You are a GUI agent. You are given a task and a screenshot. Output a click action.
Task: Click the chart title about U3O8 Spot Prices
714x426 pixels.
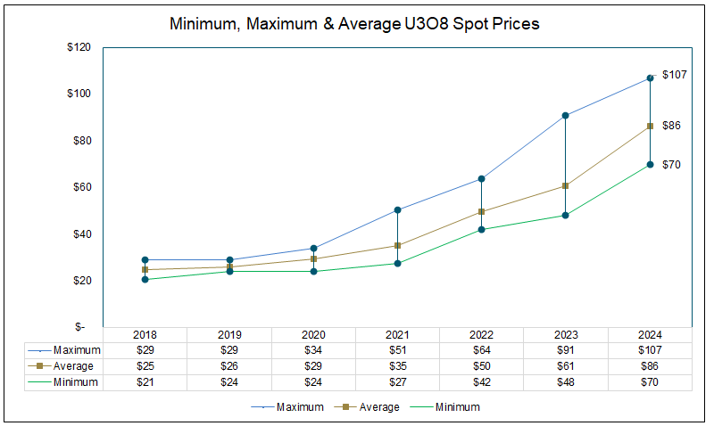[x=355, y=25]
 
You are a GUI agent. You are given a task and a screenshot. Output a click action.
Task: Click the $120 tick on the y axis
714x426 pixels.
[x=79, y=47]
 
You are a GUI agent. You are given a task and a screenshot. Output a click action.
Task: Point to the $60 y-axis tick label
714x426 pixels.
[x=82, y=187]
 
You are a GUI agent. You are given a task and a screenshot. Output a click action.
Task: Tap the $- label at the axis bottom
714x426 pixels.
[x=83, y=327]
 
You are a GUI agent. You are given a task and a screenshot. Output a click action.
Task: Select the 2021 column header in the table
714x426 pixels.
[x=397, y=334]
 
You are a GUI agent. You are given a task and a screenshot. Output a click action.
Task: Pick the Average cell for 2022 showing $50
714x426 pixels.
[x=481, y=365]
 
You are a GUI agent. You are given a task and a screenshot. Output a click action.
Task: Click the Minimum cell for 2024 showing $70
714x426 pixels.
[x=649, y=381]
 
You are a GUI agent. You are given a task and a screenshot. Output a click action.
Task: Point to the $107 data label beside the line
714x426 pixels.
[x=674, y=75]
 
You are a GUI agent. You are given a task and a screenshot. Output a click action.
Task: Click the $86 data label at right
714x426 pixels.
[x=671, y=126]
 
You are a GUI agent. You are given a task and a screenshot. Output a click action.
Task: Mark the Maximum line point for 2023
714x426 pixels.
[x=565, y=115]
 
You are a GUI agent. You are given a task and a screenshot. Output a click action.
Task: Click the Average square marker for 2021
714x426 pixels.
[x=397, y=245]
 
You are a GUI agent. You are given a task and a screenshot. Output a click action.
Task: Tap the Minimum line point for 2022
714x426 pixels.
[x=481, y=230]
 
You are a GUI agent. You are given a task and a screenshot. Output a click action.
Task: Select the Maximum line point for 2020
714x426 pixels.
[x=313, y=249]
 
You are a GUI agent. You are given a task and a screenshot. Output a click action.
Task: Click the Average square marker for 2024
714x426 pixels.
[x=650, y=126]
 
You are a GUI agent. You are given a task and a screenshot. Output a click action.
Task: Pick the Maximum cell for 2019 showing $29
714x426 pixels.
[x=228, y=349]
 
